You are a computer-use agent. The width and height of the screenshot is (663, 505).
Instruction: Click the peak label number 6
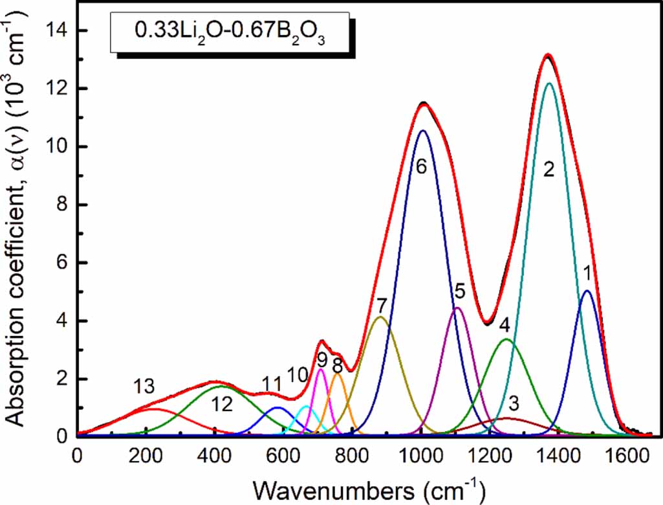coord(421,166)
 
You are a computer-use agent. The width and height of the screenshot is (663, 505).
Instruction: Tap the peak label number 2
coord(549,170)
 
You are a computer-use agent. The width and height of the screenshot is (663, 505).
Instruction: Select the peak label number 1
coord(586,272)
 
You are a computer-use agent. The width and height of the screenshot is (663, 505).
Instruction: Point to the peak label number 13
coord(144,387)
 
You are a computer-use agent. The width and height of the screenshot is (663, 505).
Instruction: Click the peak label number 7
coord(382,304)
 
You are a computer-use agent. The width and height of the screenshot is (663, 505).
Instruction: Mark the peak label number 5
coord(459,291)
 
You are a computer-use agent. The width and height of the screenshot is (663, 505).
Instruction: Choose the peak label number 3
coord(513,405)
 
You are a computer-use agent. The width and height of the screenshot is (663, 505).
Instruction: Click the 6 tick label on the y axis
coord(63,263)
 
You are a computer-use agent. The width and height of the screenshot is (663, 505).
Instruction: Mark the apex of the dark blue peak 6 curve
coord(422,131)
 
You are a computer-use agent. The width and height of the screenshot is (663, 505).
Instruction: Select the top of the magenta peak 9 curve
coord(320,369)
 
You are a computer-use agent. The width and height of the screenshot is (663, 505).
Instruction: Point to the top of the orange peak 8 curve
coord(337,374)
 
